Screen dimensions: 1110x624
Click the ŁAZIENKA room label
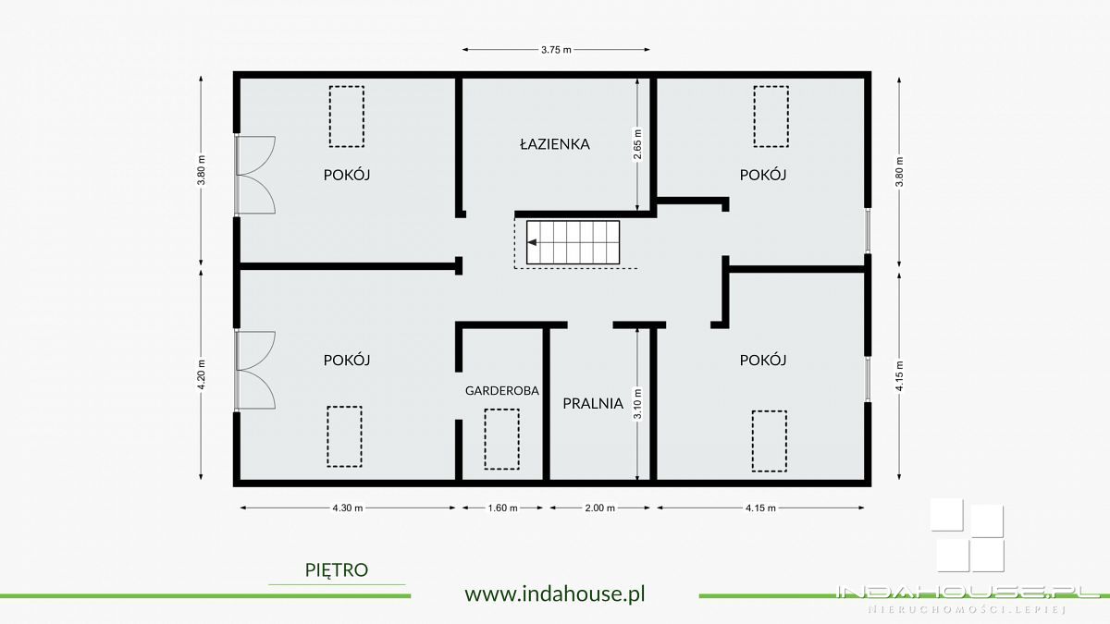(554, 144)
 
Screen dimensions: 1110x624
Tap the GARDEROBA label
(502, 391)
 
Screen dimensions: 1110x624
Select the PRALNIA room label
(593, 403)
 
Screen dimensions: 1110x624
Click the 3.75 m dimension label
(556, 50)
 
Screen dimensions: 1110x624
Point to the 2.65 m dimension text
(637, 144)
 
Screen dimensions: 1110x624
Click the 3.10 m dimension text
(637, 404)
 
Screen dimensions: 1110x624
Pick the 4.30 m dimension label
(348, 508)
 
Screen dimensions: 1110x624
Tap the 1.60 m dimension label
(502, 508)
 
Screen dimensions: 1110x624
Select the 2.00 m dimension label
(599, 508)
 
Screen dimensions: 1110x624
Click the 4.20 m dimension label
(202, 374)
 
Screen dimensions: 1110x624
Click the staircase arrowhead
(533, 242)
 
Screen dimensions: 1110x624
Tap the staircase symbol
(573, 242)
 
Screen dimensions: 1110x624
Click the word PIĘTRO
(337, 570)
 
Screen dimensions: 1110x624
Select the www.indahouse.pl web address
(555, 593)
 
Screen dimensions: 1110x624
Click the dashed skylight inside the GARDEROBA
(502, 439)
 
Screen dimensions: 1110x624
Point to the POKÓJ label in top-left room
(347, 175)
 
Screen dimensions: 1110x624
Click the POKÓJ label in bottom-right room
(763, 360)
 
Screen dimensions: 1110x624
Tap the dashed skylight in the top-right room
(771, 116)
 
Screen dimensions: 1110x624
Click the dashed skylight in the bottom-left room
(344, 436)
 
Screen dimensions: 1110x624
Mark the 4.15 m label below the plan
(760, 508)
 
